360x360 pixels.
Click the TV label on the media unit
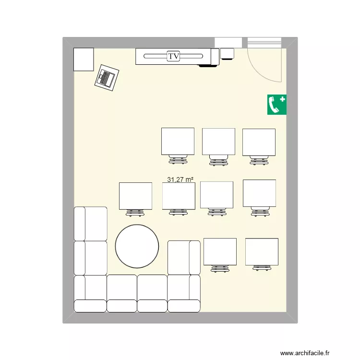pyautogui.click(x=174, y=57)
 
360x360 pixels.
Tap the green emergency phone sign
pyautogui.click(x=276, y=105)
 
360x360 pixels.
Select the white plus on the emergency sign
pyautogui.click(x=282, y=99)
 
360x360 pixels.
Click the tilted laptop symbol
pyautogui.click(x=107, y=77)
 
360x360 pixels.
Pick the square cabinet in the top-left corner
pyautogui.click(x=83, y=59)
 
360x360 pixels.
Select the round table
pyautogui.click(x=137, y=246)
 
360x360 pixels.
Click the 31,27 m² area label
pyautogui.click(x=180, y=180)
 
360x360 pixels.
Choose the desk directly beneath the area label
pyautogui.click(x=179, y=196)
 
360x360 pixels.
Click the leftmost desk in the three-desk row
pyautogui.click(x=178, y=141)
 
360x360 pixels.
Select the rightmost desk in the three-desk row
pyautogui.click(x=259, y=142)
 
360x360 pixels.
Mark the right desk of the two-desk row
pyautogui.click(x=262, y=252)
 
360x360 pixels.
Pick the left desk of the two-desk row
pyautogui.click(x=220, y=252)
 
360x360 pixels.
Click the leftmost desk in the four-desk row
pyautogui.click(x=135, y=196)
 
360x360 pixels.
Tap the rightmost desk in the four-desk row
pyautogui.click(x=259, y=193)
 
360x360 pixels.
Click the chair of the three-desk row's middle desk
pyautogui.click(x=218, y=160)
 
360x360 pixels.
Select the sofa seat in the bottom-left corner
pyautogui.click(x=90, y=293)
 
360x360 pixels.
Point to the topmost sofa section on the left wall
pyautogui.click(x=90, y=223)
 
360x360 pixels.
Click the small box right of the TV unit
pyautogui.click(x=227, y=53)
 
